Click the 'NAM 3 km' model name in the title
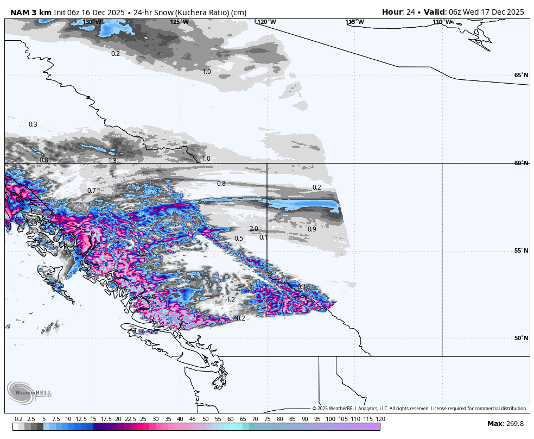[x=31, y=12]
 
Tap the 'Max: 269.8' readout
[x=505, y=424]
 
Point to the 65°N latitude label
[x=521, y=76]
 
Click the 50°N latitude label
[x=521, y=338]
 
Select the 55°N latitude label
[x=521, y=251]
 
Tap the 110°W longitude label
[x=442, y=22]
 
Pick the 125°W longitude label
[x=179, y=22]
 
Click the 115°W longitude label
[x=354, y=22]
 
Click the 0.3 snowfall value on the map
[x=33, y=124]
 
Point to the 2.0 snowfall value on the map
[x=254, y=229]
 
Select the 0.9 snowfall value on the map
[x=312, y=229]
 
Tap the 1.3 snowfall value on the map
[x=112, y=161]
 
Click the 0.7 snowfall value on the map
[x=92, y=191]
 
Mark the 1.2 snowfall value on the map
[x=231, y=300]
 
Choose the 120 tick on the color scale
[x=380, y=419]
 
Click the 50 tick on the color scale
[x=205, y=419]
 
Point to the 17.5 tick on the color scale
[x=106, y=419]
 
